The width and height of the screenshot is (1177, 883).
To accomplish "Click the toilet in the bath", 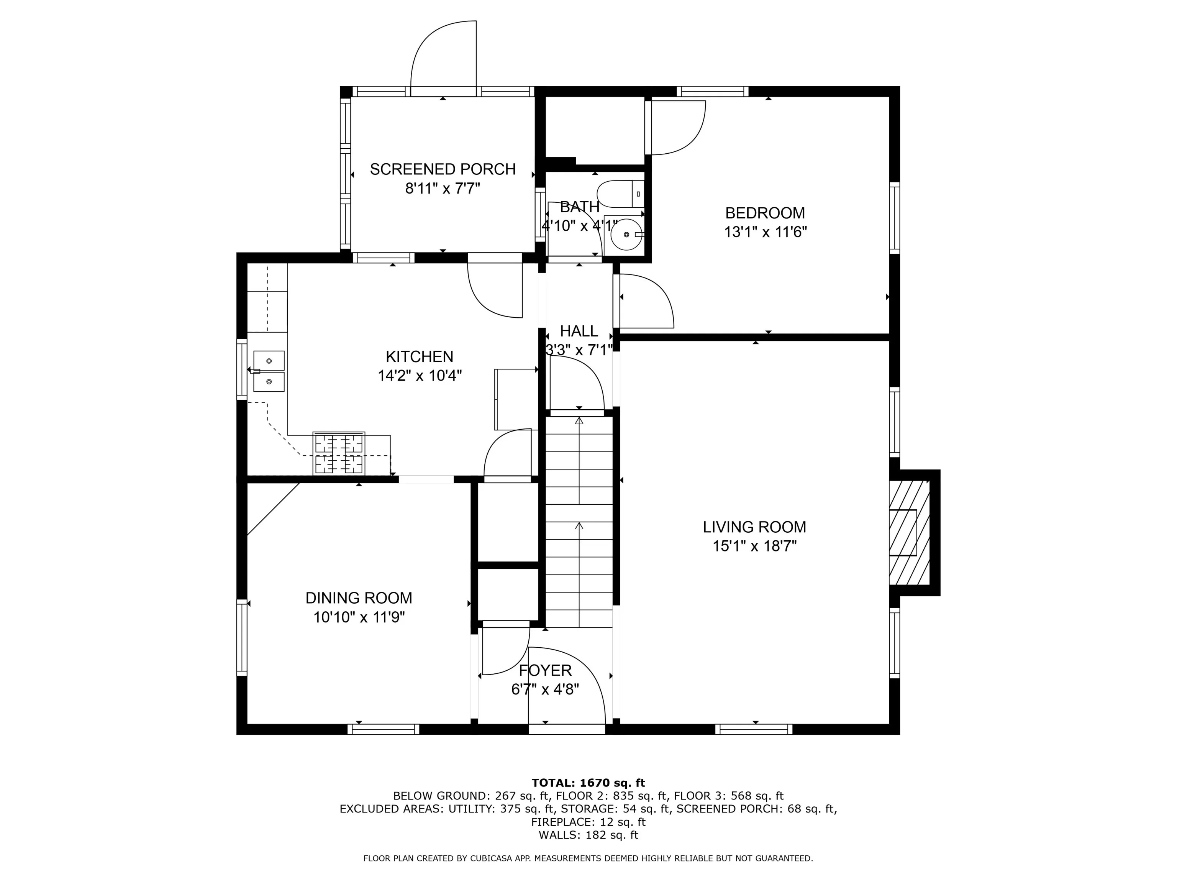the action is (x=620, y=194).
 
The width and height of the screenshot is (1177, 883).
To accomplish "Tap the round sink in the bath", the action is (x=627, y=234).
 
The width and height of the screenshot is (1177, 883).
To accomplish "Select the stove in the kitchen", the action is (x=339, y=453).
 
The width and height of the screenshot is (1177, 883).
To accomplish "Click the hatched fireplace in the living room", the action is (x=909, y=533).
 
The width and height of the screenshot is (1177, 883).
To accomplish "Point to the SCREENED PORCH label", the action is (x=443, y=169).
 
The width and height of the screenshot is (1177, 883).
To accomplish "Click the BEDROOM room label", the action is (x=765, y=213).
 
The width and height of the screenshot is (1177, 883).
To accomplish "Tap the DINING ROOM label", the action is (x=359, y=598).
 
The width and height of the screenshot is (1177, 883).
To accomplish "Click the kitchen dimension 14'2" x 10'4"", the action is (x=420, y=376).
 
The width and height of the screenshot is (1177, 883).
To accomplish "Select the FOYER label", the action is (x=546, y=670).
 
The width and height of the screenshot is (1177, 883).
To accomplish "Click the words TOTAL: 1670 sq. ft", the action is (x=588, y=783).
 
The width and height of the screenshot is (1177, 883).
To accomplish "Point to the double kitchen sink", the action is (x=269, y=371).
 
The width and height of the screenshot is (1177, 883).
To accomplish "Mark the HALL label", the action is (x=579, y=331).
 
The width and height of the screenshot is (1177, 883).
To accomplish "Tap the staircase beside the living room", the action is (x=579, y=522).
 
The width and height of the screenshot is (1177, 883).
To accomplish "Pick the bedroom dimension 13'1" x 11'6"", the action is (x=765, y=232).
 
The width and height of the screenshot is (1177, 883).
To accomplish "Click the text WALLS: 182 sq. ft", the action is (x=588, y=835).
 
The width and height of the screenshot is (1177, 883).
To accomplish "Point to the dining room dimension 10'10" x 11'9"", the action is (x=359, y=617).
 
